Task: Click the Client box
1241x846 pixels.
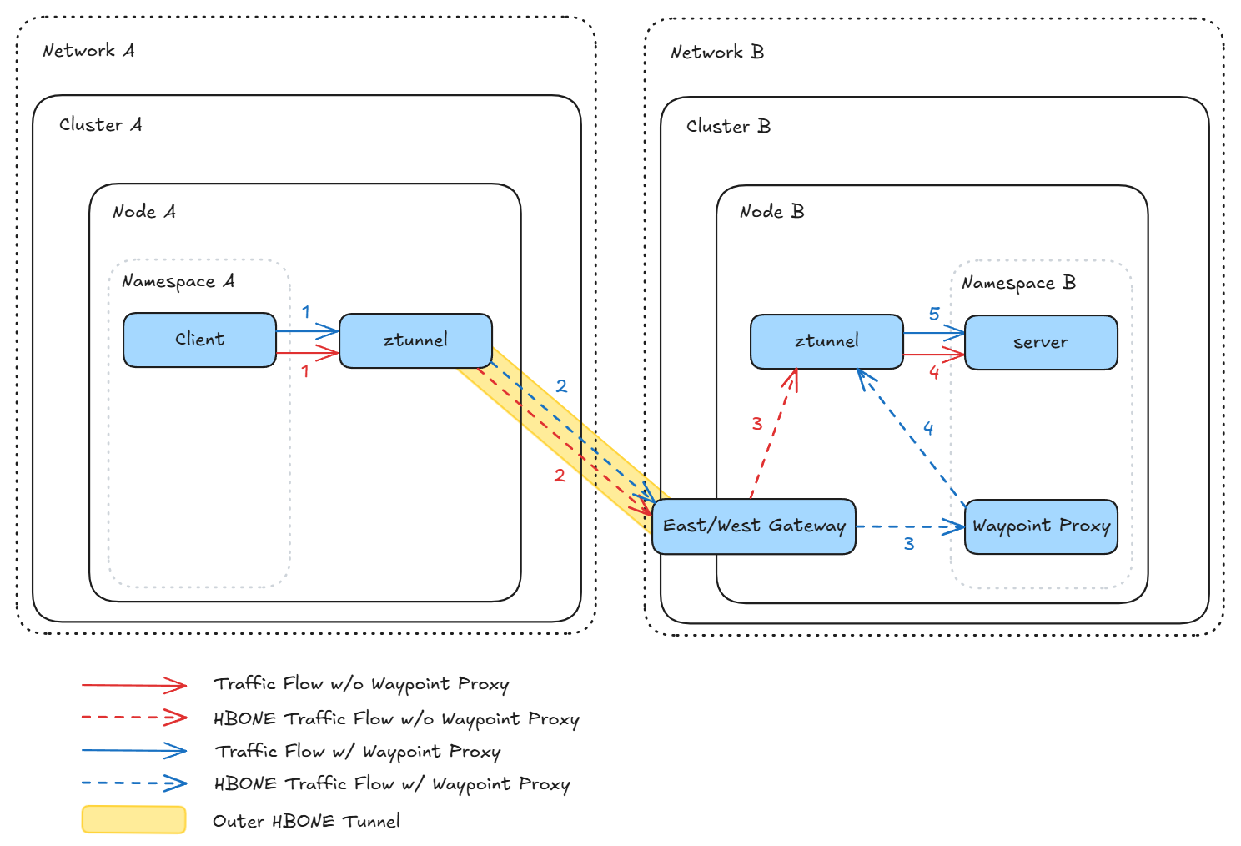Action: coord(199,340)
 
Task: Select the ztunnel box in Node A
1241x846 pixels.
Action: coord(415,340)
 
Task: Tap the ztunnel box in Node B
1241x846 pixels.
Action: coord(826,341)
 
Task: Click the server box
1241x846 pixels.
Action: coord(1040,342)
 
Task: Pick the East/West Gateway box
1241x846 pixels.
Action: coord(753,526)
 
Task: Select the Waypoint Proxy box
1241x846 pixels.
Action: coord(1041,526)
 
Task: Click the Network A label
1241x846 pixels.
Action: coord(88,51)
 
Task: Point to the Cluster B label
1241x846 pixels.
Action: coord(728,126)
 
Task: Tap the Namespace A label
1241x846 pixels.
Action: coord(178,281)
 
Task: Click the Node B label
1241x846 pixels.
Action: coord(771,212)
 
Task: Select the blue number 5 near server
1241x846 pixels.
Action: coord(934,314)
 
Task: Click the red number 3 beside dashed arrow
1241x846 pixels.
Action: coord(756,424)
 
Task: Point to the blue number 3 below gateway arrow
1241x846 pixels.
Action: coord(909,544)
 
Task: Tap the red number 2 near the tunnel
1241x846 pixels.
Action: coord(560,476)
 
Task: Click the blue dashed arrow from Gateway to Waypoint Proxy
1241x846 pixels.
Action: coord(909,526)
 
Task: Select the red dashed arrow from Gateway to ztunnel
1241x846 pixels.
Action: coord(774,434)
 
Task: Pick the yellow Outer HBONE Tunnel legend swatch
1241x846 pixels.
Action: coord(133,819)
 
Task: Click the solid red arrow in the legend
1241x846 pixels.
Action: coord(133,685)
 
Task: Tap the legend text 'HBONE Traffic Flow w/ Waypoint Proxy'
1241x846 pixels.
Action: coord(392,784)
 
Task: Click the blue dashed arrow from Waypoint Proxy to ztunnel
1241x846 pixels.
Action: coord(911,437)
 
